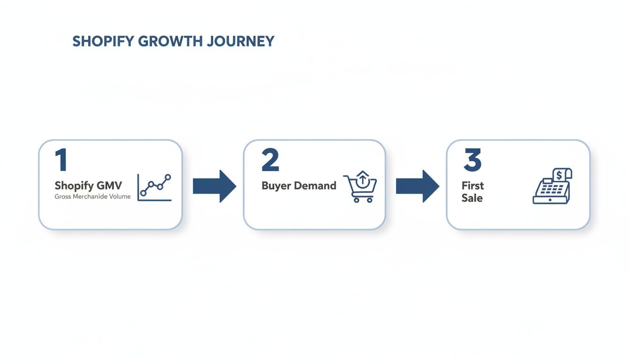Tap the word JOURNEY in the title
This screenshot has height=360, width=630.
(x=241, y=41)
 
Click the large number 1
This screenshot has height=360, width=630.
(x=61, y=160)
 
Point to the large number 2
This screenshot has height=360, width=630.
(x=270, y=160)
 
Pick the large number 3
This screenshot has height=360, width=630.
(x=472, y=160)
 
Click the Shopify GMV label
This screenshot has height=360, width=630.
(x=88, y=186)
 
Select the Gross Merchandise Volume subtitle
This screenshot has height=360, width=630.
(x=92, y=196)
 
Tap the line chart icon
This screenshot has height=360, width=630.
(x=154, y=187)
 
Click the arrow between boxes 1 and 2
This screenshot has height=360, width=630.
(x=214, y=186)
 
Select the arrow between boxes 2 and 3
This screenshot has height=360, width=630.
(x=417, y=186)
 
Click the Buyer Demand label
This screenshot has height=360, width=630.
(x=299, y=186)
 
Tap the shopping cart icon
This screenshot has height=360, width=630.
(x=360, y=187)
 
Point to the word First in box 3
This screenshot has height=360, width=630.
(x=472, y=186)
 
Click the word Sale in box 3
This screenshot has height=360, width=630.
(x=472, y=198)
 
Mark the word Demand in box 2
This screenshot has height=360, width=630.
(x=315, y=186)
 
